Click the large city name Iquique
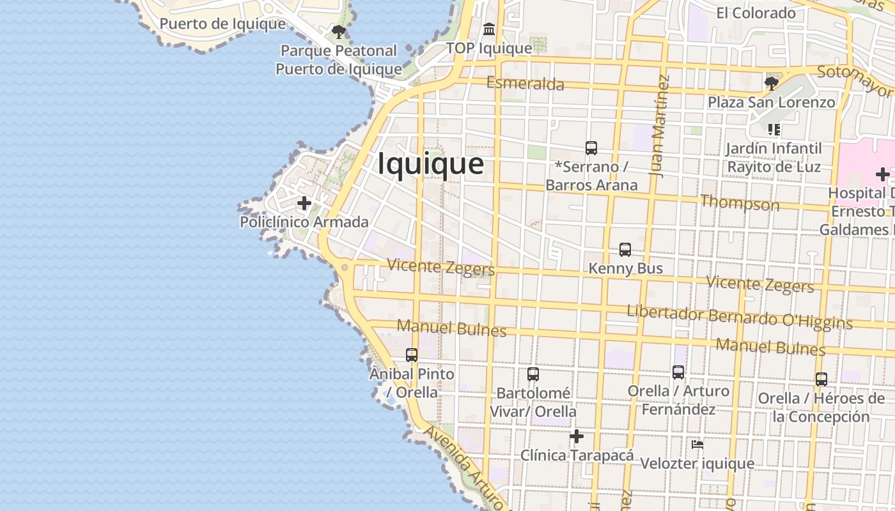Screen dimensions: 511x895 (x=430, y=164)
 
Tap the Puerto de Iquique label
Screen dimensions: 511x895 (x=222, y=24)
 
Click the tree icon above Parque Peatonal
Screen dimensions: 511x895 (x=339, y=31)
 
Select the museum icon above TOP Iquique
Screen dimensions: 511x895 (x=489, y=29)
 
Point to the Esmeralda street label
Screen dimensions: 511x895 (x=525, y=84)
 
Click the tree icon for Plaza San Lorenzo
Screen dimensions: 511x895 (x=771, y=82)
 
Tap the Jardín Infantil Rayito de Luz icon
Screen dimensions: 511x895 (x=774, y=130)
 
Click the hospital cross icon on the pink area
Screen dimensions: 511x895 (x=882, y=174)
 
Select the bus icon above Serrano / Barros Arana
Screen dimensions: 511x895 (x=591, y=148)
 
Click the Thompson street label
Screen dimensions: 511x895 (x=740, y=203)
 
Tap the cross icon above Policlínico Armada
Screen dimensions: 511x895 (x=304, y=203)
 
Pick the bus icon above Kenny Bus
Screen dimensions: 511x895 (x=625, y=250)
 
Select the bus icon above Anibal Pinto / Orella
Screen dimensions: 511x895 (x=412, y=355)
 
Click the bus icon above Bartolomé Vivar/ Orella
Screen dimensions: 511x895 (x=533, y=374)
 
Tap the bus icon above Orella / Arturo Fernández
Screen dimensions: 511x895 (x=678, y=372)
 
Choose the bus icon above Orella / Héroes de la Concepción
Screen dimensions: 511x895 (x=821, y=379)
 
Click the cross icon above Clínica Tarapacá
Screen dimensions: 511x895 (x=577, y=436)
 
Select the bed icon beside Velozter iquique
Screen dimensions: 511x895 (x=697, y=444)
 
